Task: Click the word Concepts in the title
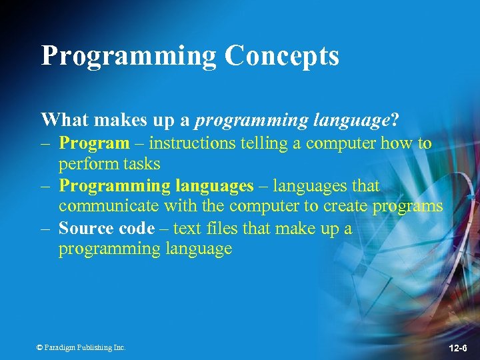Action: (282, 56)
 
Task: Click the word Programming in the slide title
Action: (129, 56)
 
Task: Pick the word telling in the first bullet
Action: (260, 143)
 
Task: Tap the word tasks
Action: (138, 163)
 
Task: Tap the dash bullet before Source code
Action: (46, 228)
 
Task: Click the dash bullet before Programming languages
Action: (46, 185)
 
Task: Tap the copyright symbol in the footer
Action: (40, 347)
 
